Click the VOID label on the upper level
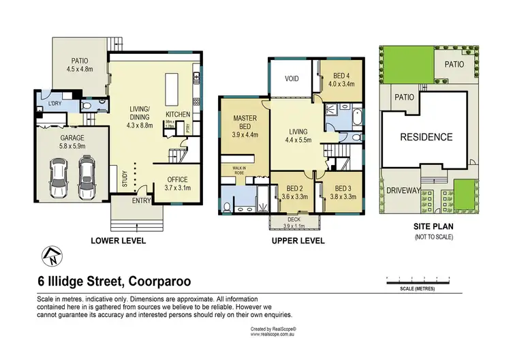(x=291, y=79)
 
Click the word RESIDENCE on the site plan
(x=426, y=137)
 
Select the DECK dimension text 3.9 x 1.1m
(x=294, y=226)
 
